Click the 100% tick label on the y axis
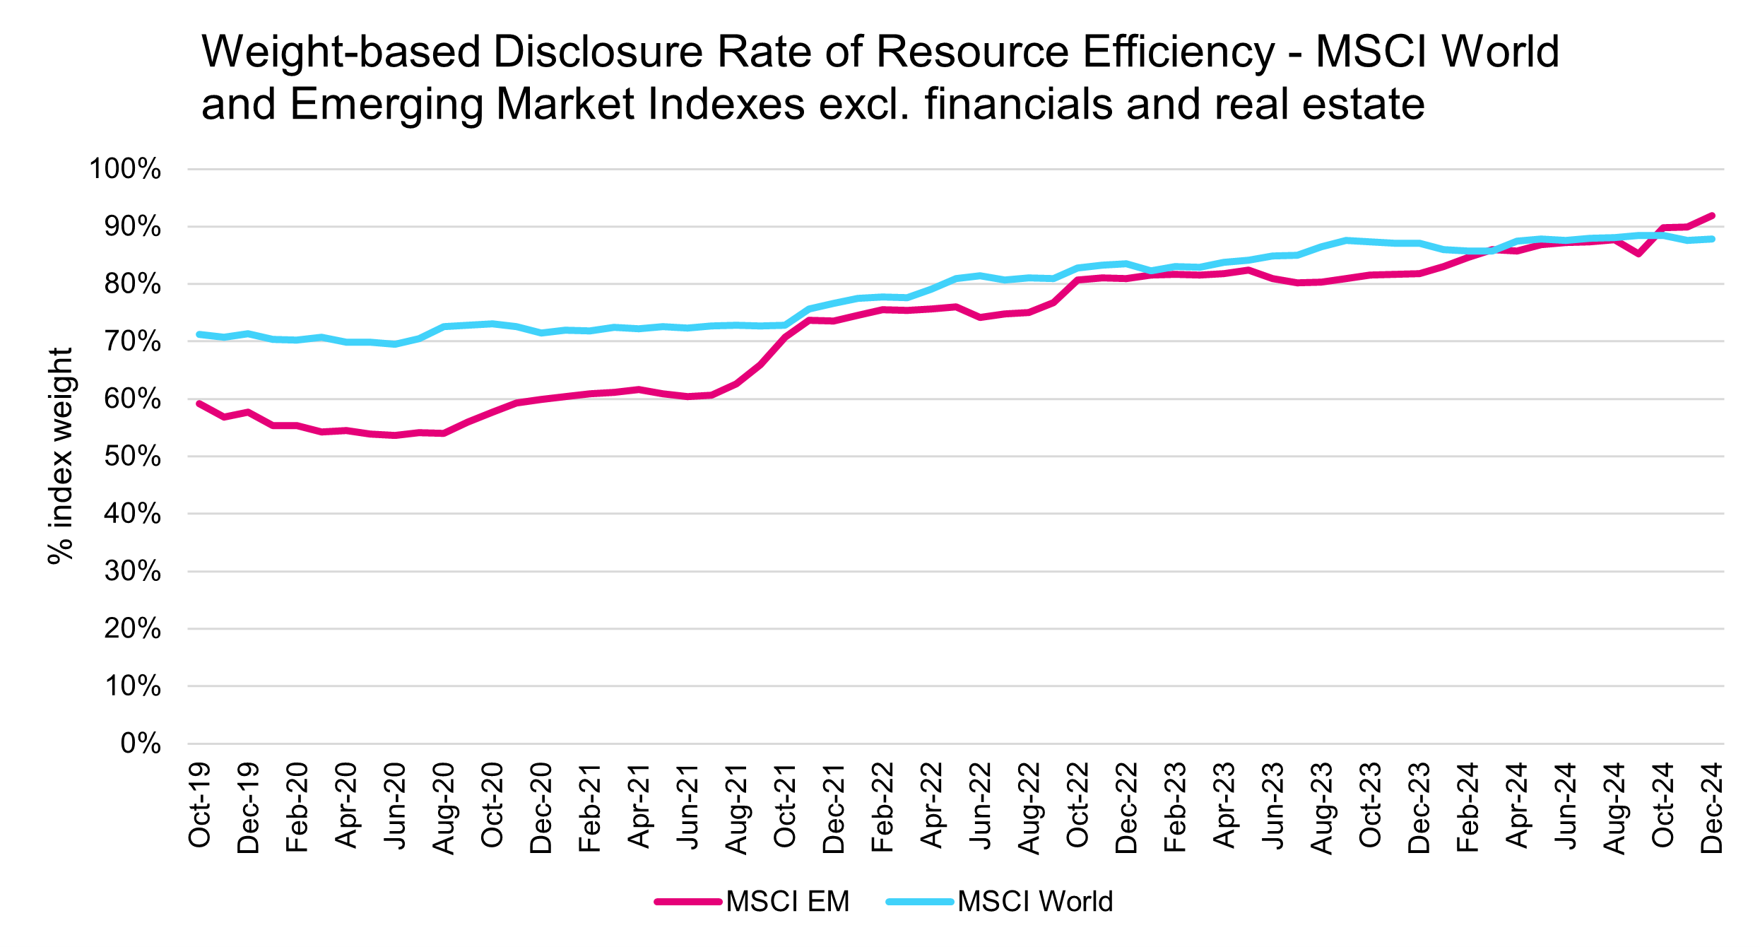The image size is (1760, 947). (124, 170)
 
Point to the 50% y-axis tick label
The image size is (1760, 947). (132, 457)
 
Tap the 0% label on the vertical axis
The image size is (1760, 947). (141, 743)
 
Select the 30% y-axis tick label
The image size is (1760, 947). (132, 571)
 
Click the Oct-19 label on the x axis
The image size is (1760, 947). (200, 805)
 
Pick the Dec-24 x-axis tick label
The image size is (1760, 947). (1712, 808)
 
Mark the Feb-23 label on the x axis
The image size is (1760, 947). (1175, 807)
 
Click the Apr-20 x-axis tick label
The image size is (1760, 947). (346, 806)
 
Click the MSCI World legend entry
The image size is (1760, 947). (1000, 902)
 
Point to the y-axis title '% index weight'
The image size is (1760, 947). (61, 456)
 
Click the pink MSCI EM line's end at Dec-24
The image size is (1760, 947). (1712, 216)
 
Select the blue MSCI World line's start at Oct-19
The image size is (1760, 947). (200, 334)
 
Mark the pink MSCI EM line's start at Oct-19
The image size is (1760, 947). (200, 404)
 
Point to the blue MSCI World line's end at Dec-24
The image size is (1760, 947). (1712, 239)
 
